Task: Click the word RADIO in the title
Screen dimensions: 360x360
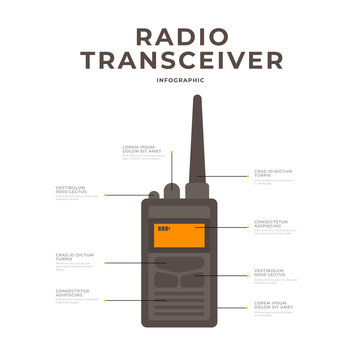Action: coord(180,36)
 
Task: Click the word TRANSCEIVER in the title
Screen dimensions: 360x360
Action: coord(180,62)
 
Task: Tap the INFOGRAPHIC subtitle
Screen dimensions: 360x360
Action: coord(180,80)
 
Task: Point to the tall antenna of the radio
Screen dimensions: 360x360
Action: coord(196,140)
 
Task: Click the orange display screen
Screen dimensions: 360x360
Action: coord(179,236)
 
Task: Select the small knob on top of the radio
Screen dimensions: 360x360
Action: coord(152,195)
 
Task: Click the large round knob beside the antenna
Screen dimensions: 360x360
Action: coord(172,190)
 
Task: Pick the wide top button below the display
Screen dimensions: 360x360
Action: coord(179,262)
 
